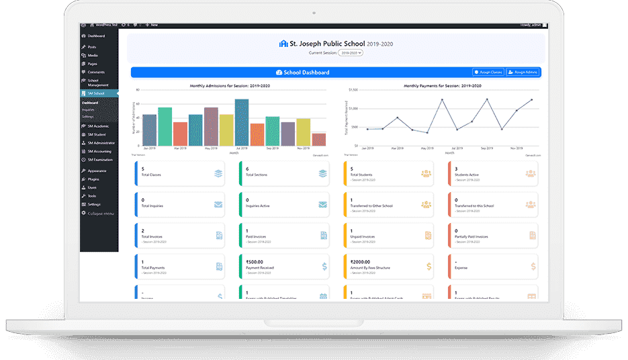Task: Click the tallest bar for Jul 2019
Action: point(242,123)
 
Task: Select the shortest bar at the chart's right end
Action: point(319,139)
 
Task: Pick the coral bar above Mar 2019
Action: point(180,134)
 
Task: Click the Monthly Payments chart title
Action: point(442,86)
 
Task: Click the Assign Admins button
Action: point(523,72)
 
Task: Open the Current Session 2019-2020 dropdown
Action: point(351,52)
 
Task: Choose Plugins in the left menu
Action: point(93,180)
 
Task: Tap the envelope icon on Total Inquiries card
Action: point(218,204)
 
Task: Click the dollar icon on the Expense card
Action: point(533,267)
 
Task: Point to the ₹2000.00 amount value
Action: point(361,263)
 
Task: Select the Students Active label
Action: point(467,175)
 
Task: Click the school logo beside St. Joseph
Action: point(283,44)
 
